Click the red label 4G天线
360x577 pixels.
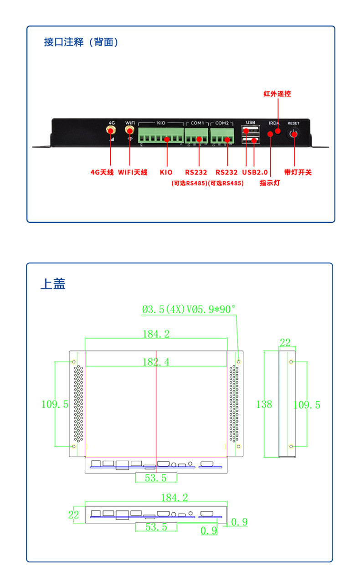pyautogui.click(x=102, y=172)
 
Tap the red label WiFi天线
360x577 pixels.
pyautogui.click(x=133, y=172)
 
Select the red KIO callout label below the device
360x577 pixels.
pyautogui.click(x=166, y=172)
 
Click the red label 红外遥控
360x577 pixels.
pyautogui.click(x=277, y=93)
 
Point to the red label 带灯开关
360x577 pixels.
pyautogui.click(x=298, y=172)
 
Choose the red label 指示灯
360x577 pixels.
pyautogui.click(x=270, y=183)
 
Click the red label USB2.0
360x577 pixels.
pyautogui.click(x=255, y=172)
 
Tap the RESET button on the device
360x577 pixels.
pyautogui.click(x=294, y=134)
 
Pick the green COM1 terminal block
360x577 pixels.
pyautogui.click(x=196, y=135)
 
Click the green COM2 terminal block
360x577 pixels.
pyautogui.click(x=222, y=135)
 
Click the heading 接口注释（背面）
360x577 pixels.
pyautogui.click(x=81, y=42)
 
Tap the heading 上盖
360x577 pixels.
pyautogui.click(x=53, y=283)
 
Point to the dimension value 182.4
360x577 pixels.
pyautogui.click(x=156, y=362)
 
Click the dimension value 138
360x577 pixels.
pyautogui.click(x=264, y=404)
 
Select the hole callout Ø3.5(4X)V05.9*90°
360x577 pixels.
pyautogui.click(x=189, y=309)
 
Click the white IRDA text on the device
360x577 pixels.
pyautogui.click(x=274, y=124)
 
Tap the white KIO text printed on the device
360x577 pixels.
pyautogui.click(x=161, y=123)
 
